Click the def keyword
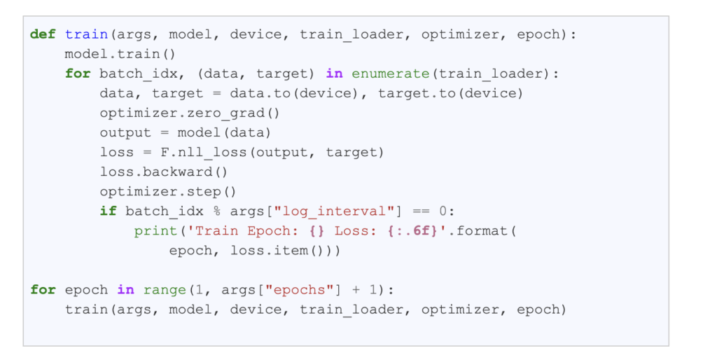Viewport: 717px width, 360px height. tap(43, 34)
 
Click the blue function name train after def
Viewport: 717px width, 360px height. tap(82, 34)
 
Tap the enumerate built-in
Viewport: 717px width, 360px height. tap(390, 74)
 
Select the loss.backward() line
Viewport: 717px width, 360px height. tap(164, 172)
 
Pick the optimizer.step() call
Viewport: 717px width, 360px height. tap(168, 191)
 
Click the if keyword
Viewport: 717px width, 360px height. tap(108, 211)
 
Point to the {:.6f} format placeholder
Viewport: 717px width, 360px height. tap(410, 230)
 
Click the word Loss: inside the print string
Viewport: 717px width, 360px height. tap(355, 230)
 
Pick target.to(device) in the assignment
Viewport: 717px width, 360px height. tap(450, 93)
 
